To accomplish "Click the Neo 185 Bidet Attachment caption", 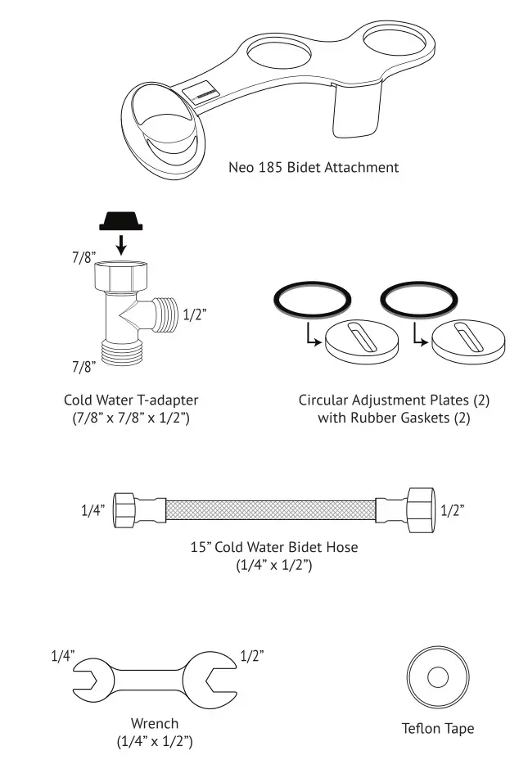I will [314, 167].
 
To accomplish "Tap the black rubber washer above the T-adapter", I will [119, 220].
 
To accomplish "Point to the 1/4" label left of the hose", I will [93, 510].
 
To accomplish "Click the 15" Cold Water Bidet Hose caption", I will [273, 546].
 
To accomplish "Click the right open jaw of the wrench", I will [215, 680].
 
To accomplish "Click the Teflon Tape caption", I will [437, 728].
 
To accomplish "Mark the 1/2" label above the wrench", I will [252, 655].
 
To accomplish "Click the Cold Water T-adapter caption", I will [131, 400].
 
